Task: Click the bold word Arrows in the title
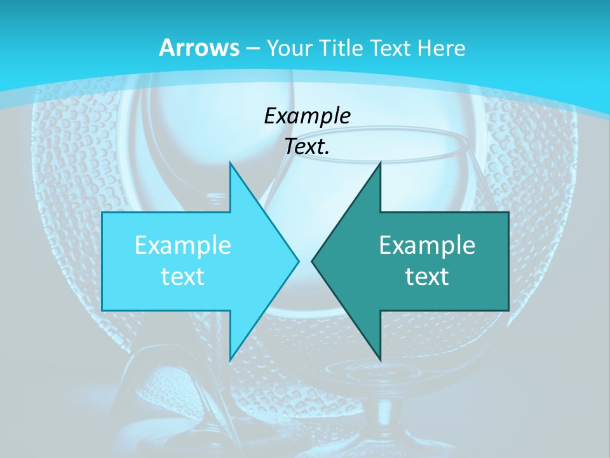pyautogui.click(x=199, y=48)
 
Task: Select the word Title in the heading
pyautogui.click(x=340, y=48)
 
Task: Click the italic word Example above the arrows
pyautogui.click(x=307, y=116)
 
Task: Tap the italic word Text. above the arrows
pyautogui.click(x=306, y=147)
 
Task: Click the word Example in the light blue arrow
pyautogui.click(x=182, y=246)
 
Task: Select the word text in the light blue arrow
pyautogui.click(x=182, y=277)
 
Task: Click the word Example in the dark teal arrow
pyautogui.click(x=427, y=246)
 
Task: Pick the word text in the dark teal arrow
pyautogui.click(x=427, y=277)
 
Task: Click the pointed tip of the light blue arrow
pyautogui.click(x=298, y=261)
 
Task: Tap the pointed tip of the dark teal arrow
pyautogui.click(x=313, y=261)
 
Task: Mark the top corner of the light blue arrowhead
pyautogui.click(x=230, y=163)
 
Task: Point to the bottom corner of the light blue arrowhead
pyautogui.click(x=230, y=360)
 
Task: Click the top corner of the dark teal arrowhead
pyautogui.click(x=380, y=163)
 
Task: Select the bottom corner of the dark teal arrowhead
pyautogui.click(x=380, y=360)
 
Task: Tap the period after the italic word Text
pyautogui.click(x=327, y=153)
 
